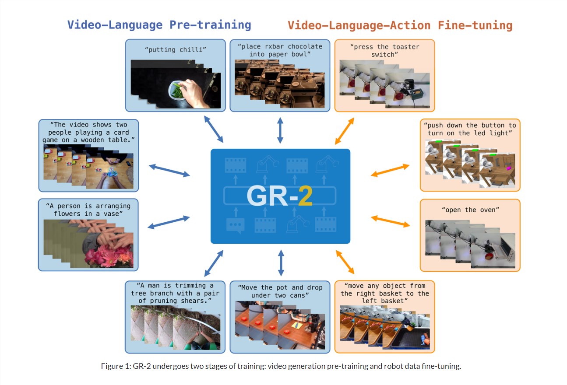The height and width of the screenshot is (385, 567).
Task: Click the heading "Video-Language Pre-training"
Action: click(x=159, y=24)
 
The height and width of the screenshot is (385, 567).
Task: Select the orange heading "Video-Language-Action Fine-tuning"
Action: click(x=400, y=25)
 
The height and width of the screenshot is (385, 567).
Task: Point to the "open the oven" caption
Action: click(x=470, y=210)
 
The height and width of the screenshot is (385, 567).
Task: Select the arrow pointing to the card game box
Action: click(x=169, y=171)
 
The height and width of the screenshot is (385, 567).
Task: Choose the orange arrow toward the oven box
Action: click(x=391, y=221)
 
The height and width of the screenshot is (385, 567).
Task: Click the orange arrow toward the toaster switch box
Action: click(x=345, y=131)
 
